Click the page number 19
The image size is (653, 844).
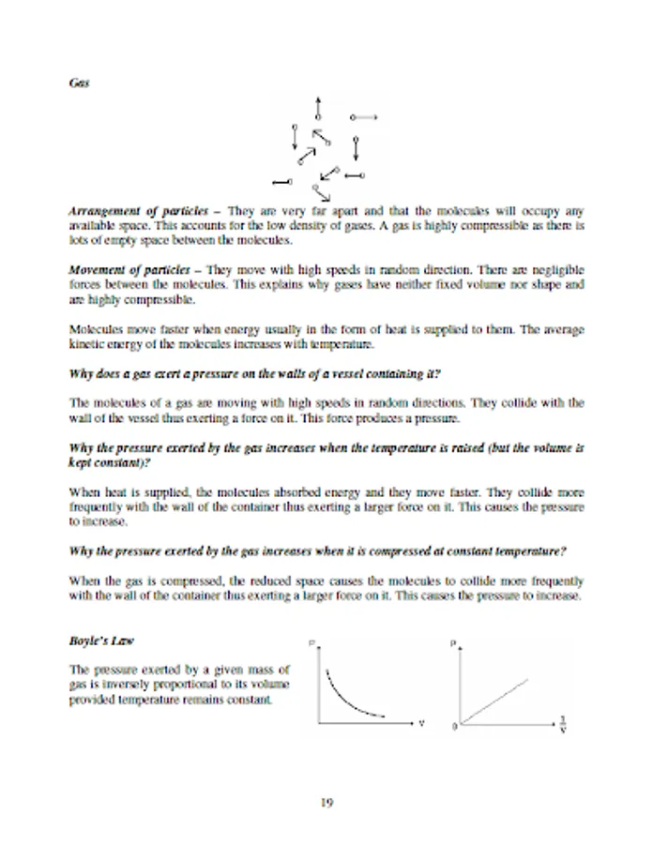click(326, 803)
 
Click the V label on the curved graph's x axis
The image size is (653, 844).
click(421, 725)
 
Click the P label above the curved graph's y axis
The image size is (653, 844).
click(311, 643)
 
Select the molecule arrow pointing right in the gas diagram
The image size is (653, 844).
click(363, 117)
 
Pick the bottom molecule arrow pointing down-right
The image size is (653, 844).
click(322, 192)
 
